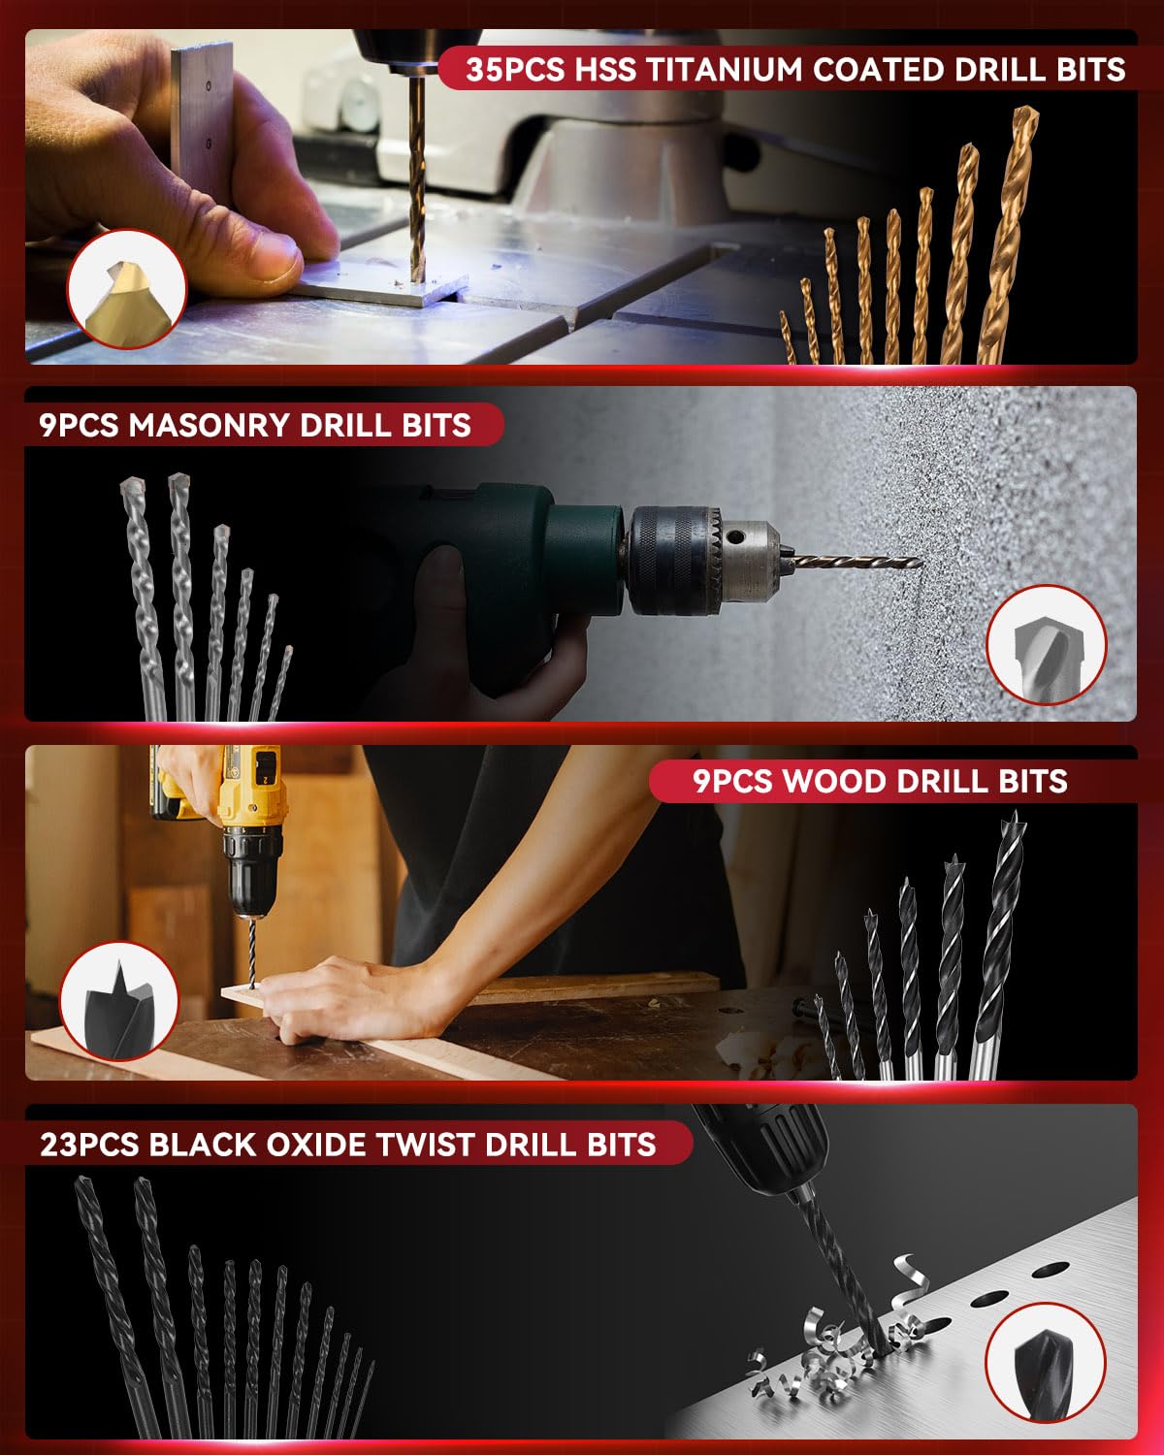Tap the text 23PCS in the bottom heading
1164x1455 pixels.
click(x=89, y=1144)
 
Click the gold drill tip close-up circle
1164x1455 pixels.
click(x=126, y=288)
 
